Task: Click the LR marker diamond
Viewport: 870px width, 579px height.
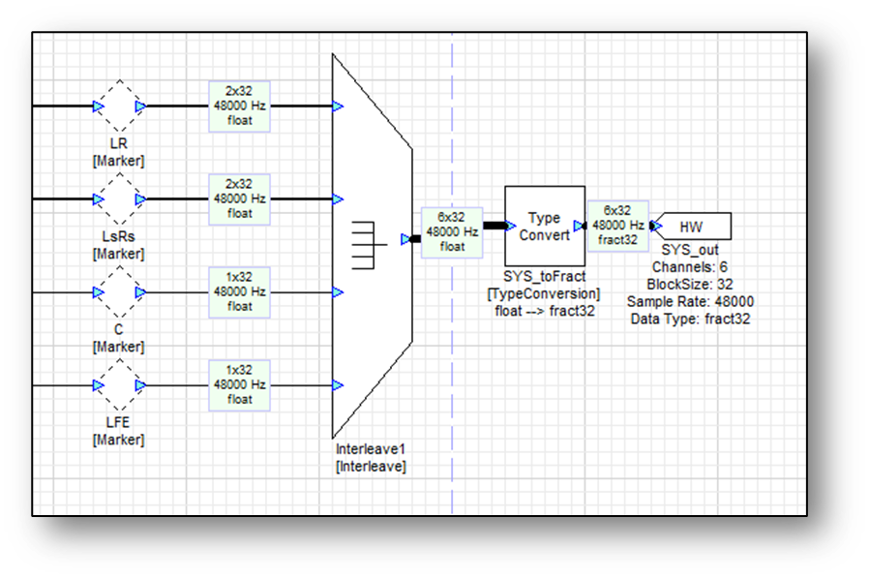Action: coord(120,107)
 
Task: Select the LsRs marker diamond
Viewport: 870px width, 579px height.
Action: coord(120,199)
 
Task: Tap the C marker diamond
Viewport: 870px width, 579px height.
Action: coord(120,292)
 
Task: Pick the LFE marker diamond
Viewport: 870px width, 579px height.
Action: coord(120,385)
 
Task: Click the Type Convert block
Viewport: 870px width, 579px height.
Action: coord(545,227)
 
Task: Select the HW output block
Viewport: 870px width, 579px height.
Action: coord(692,227)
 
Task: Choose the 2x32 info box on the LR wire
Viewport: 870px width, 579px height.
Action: coord(239,107)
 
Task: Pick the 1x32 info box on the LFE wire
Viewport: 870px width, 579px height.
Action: coord(239,385)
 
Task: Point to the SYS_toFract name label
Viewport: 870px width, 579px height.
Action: coord(544,278)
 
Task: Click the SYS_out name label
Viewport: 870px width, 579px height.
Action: coord(689,250)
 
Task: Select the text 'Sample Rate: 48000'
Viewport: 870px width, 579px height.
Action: coord(689,301)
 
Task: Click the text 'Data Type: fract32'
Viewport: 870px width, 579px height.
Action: coord(689,318)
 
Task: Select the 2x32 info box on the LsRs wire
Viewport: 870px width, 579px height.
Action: coord(239,199)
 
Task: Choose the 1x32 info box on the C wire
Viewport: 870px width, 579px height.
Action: coord(239,292)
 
